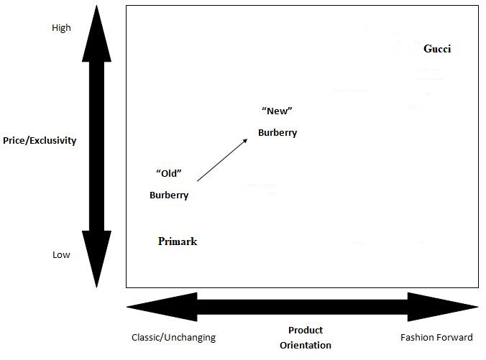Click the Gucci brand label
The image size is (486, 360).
click(x=437, y=49)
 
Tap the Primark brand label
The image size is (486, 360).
click(x=178, y=241)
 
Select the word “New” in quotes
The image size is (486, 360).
click(x=277, y=111)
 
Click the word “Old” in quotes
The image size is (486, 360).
click(x=169, y=173)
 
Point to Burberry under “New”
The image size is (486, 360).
click(x=278, y=133)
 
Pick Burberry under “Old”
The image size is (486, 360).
click(x=169, y=195)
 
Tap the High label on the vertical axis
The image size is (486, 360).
click(x=61, y=28)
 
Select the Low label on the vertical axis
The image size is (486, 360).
click(x=61, y=254)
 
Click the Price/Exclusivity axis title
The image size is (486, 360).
click(x=40, y=140)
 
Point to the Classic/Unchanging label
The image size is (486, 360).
click(x=173, y=338)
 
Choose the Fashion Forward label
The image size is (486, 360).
click(x=436, y=337)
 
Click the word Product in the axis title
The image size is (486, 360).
click(x=306, y=331)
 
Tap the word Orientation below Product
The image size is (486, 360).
click(x=306, y=345)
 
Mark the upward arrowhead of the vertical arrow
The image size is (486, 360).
click(x=96, y=34)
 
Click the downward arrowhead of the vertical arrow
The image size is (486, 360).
click(x=96, y=259)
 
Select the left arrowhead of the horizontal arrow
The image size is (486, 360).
click(x=162, y=307)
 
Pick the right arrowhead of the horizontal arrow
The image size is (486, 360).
click(x=443, y=307)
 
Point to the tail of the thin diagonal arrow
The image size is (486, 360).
click(x=198, y=181)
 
